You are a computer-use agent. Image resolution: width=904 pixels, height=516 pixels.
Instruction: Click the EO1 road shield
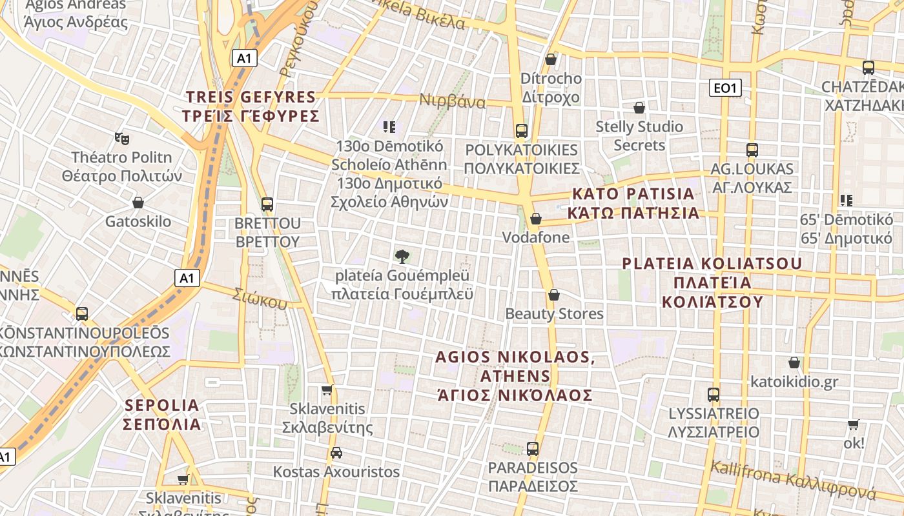(725, 88)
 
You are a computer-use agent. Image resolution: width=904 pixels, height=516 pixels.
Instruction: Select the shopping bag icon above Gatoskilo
(138, 203)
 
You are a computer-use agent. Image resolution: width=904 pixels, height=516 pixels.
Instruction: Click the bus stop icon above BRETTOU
(267, 204)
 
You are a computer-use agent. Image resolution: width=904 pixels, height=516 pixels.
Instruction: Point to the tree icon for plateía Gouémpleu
(402, 257)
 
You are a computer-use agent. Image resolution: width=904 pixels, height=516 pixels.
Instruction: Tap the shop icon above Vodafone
(535, 219)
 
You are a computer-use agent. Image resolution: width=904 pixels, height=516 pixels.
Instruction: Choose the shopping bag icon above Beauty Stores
(553, 295)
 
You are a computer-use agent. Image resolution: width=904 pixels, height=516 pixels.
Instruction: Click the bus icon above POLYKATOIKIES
(521, 130)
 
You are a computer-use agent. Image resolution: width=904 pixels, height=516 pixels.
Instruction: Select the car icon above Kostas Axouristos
(336, 453)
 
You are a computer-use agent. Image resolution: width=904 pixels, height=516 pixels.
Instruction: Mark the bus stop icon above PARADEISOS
(532, 448)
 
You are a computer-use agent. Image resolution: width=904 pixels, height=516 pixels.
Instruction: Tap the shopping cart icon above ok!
(854, 424)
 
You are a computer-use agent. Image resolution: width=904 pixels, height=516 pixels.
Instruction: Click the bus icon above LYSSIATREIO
(714, 394)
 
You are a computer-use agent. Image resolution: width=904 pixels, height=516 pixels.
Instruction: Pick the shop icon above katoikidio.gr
(794, 362)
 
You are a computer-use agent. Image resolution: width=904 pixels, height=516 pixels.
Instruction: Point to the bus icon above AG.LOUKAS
(752, 150)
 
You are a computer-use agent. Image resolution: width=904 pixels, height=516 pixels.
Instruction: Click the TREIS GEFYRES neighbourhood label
(252, 107)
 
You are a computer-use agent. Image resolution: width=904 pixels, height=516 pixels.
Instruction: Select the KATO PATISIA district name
(633, 203)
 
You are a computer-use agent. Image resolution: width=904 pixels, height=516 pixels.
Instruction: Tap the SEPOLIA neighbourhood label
(162, 415)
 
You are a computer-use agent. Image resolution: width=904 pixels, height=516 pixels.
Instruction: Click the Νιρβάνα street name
(452, 101)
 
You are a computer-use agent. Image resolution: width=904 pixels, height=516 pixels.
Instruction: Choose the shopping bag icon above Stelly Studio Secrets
(639, 107)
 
